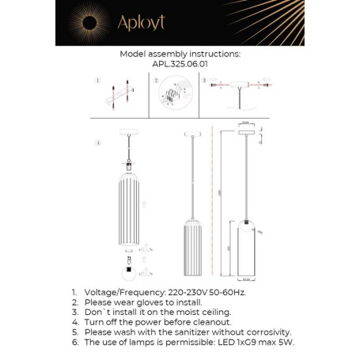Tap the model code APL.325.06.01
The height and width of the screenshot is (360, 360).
180,66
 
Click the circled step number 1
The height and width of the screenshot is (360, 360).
97,81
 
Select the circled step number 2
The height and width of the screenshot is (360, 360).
156,81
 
